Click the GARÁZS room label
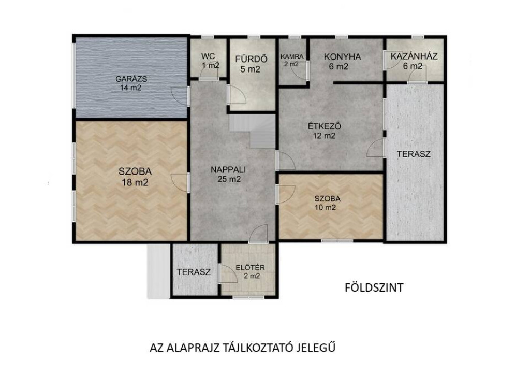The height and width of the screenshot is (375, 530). (131, 79)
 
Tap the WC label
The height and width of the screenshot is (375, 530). (208, 56)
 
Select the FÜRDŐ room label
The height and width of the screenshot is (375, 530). (252, 59)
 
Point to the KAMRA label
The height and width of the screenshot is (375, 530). (292, 57)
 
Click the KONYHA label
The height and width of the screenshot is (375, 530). (343, 57)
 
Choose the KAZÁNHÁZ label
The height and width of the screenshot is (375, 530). (414, 56)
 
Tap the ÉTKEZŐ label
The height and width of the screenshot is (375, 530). (324, 127)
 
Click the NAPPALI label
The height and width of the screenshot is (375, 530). (228, 169)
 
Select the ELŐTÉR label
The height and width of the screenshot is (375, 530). (250, 268)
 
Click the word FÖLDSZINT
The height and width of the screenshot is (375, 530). (374, 288)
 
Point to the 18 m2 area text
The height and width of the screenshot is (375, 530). (135, 183)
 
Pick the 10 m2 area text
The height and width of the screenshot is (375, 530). (325, 208)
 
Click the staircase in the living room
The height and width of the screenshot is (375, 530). (253, 131)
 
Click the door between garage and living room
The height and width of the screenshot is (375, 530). (180, 96)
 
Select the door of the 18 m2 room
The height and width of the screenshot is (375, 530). (180, 183)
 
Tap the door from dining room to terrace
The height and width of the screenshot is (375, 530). (376, 148)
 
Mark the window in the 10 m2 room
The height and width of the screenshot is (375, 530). (337, 241)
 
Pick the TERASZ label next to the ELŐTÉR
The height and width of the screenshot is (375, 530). (194, 272)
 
